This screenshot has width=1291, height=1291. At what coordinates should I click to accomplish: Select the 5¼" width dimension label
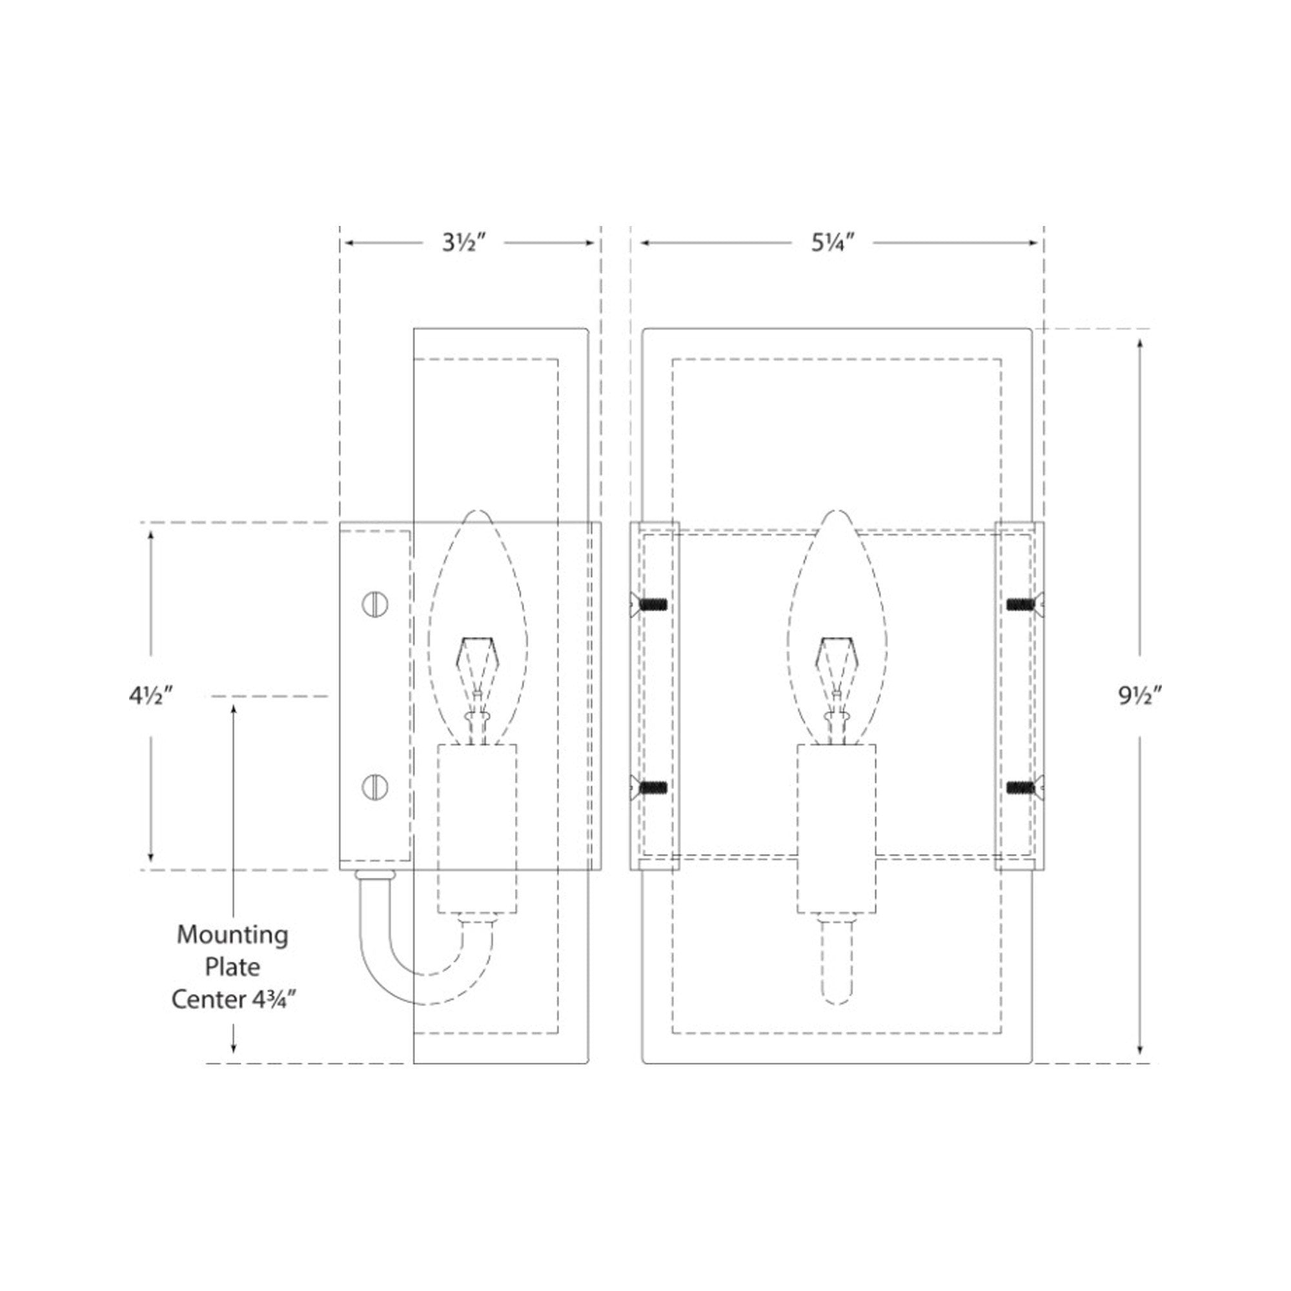point(833,243)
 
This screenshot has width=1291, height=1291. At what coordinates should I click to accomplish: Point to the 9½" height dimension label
point(1141,697)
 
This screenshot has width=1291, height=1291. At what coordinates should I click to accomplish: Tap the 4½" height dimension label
point(151,696)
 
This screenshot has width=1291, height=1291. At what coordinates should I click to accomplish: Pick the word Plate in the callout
point(232,966)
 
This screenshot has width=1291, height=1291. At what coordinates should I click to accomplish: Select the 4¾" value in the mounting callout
point(272,1000)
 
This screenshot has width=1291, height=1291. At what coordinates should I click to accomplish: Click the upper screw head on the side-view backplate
point(375,605)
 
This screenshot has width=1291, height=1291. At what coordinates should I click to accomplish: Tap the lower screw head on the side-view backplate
point(375,787)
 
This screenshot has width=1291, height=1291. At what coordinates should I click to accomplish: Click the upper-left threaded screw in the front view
point(649,605)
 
